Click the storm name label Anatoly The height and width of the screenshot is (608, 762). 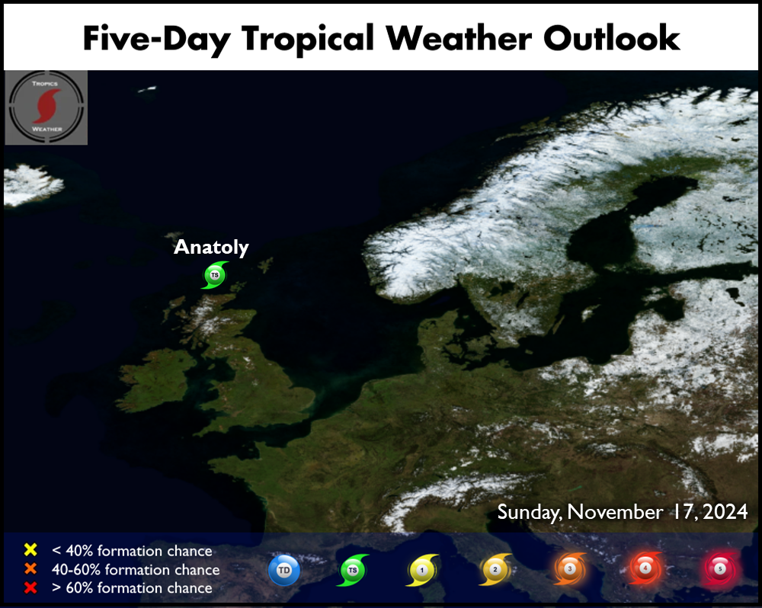211,248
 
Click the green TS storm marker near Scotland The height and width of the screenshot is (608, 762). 215,275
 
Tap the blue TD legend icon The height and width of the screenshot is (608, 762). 284,570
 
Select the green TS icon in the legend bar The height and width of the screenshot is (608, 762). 354,570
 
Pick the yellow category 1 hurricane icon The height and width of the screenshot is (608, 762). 422,570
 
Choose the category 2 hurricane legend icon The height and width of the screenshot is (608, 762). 495,569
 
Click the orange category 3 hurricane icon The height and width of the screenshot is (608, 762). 570,568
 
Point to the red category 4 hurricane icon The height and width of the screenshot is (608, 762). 645,568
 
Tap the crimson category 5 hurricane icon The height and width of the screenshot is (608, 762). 720,568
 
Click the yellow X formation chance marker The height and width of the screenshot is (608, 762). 30,549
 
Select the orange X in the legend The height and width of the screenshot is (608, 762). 30,568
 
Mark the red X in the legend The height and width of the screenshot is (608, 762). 30,587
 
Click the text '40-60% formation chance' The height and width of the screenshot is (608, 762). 136,570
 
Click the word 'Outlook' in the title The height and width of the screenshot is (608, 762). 611,38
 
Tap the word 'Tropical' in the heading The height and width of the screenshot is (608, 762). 308,39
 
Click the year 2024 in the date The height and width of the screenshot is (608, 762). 725,511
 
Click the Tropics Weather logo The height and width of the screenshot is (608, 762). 46,107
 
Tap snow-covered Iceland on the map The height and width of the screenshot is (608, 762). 32,184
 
